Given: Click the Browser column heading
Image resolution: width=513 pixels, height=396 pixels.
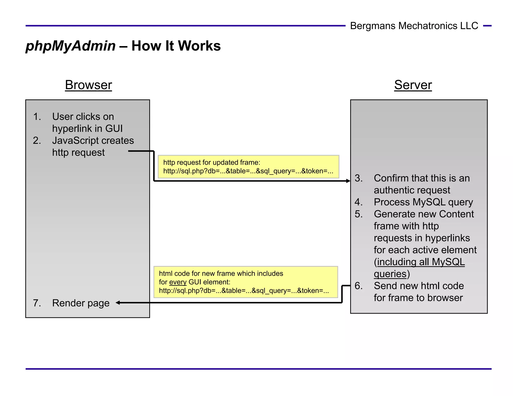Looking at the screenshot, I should (x=88, y=85).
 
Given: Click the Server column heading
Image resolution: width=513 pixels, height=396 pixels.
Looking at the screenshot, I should (x=413, y=85).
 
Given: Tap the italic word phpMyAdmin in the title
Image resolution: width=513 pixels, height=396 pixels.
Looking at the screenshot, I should (x=71, y=46).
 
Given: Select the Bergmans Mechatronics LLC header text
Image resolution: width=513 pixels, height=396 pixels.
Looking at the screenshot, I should (x=414, y=26).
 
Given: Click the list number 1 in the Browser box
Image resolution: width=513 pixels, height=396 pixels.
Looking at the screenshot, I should (x=37, y=117).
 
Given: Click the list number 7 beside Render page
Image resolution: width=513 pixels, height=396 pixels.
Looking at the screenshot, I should (x=37, y=303).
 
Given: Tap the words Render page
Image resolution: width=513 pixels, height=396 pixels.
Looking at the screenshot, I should (x=81, y=303).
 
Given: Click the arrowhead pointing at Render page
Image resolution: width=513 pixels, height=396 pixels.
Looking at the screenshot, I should (x=118, y=303).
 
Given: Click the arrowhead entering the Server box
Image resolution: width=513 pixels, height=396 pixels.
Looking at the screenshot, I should (x=348, y=181).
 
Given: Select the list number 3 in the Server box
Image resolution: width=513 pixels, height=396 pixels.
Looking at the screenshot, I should (x=358, y=178).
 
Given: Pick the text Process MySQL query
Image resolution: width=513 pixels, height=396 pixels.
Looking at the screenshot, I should (x=423, y=202).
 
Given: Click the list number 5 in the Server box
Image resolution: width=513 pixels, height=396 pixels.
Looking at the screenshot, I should (x=358, y=214).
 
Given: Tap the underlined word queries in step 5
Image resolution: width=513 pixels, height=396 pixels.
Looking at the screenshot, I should (x=390, y=274).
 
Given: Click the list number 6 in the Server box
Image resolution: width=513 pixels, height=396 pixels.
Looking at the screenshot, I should (x=358, y=286).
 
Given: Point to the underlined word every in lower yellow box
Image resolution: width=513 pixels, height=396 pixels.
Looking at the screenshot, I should (x=178, y=282).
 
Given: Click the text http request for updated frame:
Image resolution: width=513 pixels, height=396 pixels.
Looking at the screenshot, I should (x=212, y=162).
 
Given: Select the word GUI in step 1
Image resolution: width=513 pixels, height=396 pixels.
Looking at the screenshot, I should (x=114, y=129).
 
